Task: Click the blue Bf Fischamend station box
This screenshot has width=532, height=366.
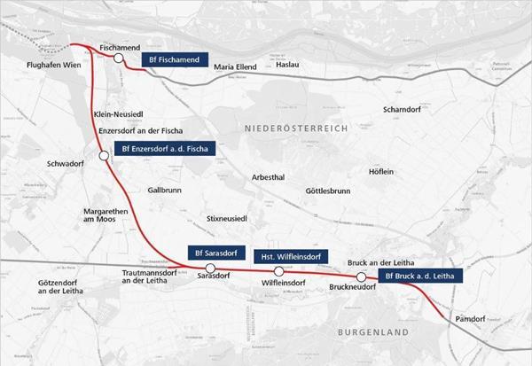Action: coord(177,60)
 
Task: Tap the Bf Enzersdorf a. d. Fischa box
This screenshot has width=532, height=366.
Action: coord(166,149)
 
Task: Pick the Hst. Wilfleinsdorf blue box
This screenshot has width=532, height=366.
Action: coord(286,256)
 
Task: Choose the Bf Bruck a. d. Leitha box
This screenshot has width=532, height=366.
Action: coord(420,276)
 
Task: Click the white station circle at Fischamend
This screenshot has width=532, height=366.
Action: coord(118,58)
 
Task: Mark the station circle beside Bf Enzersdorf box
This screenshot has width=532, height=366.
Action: coord(105,155)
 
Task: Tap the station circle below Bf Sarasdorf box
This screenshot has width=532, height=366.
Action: coord(210,268)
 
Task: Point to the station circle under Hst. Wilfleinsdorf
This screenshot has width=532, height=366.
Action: coord(279,271)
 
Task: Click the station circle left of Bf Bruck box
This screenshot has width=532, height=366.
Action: coord(361,276)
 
